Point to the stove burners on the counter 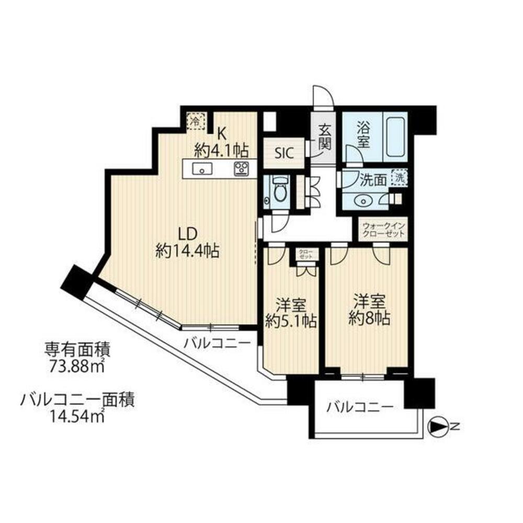click(241, 168)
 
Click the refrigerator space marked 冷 click(195, 121)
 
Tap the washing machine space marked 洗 click(400, 177)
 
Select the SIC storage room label click(285, 153)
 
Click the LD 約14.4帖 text click(187, 243)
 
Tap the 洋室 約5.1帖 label click(290, 313)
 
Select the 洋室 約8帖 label click(370, 310)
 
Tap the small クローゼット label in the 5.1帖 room click(305, 255)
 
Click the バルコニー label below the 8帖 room click(359, 407)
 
